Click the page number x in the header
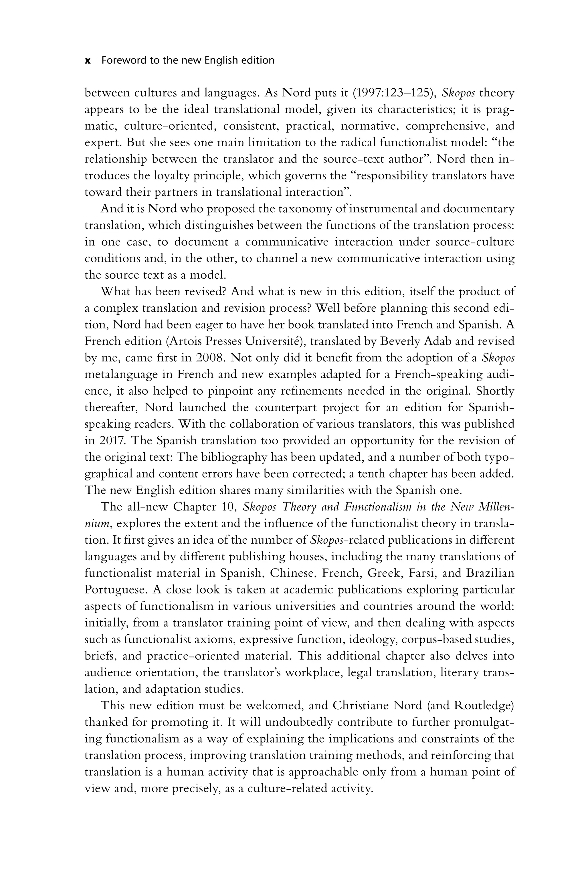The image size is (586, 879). tap(88, 61)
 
